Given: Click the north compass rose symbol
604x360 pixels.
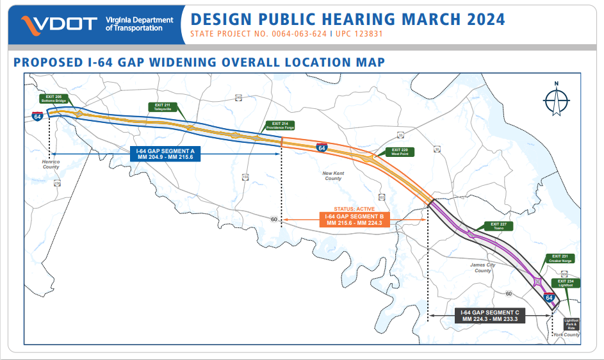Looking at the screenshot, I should pyautogui.click(x=556, y=101).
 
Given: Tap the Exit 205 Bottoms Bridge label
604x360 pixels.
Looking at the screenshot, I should pyautogui.click(x=56, y=99).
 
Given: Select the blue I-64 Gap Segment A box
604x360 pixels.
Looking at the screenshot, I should pyautogui.click(x=165, y=154).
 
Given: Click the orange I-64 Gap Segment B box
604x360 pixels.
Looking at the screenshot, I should pyautogui.click(x=354, y=220).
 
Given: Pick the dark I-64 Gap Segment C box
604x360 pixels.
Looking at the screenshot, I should pyautogui.click(x=489, y=316).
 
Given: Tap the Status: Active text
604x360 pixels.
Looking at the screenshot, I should pyautogui.click(x=354, y=209).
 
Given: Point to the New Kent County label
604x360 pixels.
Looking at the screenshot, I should pyautogui.click(x=332, y=176).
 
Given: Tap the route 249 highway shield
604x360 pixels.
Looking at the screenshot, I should pyautogui.click(x=239, y=97).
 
